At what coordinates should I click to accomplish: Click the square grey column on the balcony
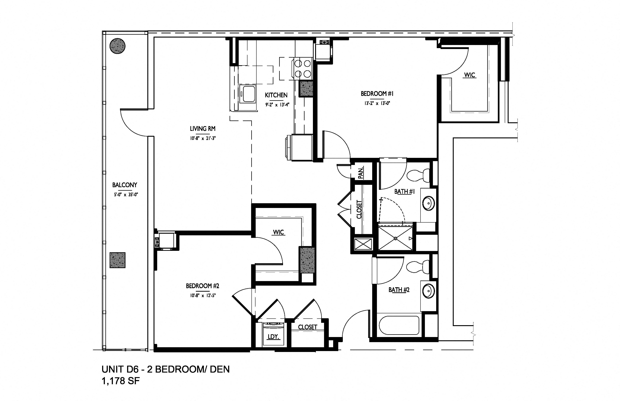pyautogui.click(x=117, y=260)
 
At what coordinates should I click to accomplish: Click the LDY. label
pyautogui.click(x=274, y=337)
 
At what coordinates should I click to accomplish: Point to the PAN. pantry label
pyautogui.click(x=361, y=173)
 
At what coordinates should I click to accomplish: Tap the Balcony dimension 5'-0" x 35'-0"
pyautogui.click(x=126, y=194)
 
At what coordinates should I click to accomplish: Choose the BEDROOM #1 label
pyautogui.click(x=377, y=94)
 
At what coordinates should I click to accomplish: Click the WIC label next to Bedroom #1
pyautogui.click(x=470, y=75)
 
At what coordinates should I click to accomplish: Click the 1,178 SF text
pyautogui.click(x=121, y=381)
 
